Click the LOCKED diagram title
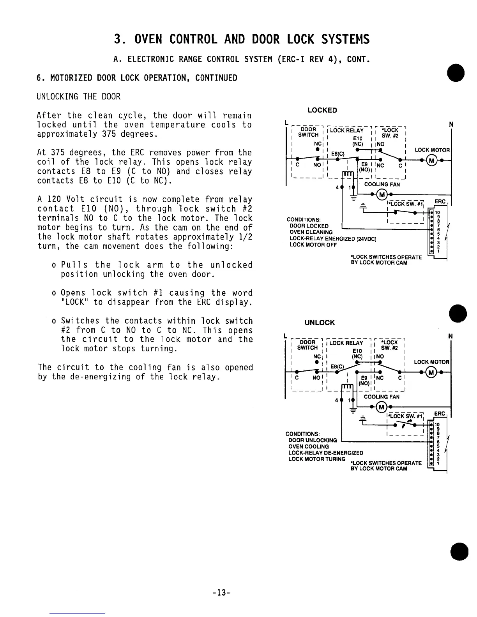click(322, 110)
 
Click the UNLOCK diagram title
click(320, 323)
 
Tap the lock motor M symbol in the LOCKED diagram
click(431, 160)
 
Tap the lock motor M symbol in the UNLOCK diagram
click(431, 372)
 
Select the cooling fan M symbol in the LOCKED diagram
click(382, 194)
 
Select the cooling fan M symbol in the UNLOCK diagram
click(382, 407)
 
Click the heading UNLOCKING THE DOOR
click(78, 97)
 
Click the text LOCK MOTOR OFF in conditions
click(313, 245)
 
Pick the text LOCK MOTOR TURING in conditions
click(316, 459)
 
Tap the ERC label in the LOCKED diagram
click(440, 201)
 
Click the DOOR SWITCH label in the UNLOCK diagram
click(307, 345)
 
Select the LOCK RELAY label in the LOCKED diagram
click(346, 130)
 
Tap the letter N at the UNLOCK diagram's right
click(450, 336)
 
